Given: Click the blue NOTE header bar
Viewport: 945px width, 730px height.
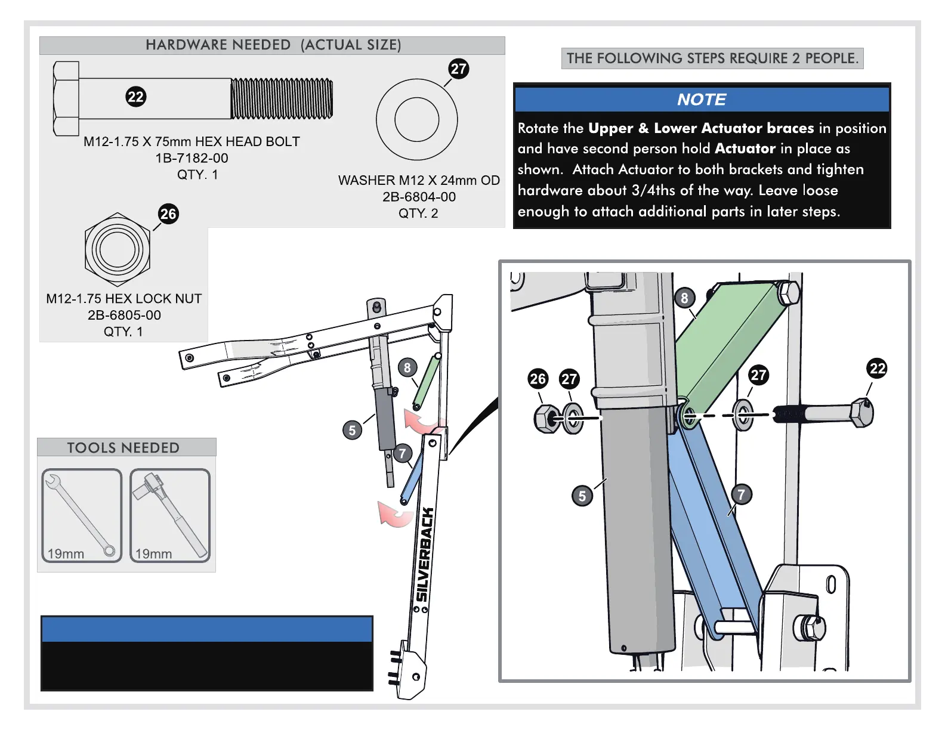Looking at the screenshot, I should click(702, 100).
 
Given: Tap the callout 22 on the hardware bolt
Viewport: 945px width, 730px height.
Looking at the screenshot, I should click(136, 97).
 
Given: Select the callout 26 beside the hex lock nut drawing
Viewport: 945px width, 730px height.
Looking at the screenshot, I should click(168, 214).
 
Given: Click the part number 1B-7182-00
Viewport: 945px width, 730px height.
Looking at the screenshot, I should click(192, 158).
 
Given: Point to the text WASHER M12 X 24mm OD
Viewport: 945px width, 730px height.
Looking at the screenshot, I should click(419, 180).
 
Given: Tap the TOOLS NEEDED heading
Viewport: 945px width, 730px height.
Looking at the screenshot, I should click(123, 448).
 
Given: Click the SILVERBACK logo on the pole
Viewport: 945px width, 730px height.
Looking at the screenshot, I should click(425, 555).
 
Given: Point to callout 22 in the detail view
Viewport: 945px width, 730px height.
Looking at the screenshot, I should click(877, 369).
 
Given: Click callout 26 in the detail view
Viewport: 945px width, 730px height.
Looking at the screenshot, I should click(538, 379).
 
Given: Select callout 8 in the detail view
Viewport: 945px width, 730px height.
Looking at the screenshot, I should click(684, 298).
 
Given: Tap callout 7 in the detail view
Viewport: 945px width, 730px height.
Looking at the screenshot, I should click(741, 494).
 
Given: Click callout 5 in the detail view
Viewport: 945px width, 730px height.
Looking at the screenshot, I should click(582, 496).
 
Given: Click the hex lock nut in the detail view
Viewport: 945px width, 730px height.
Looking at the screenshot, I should click(546, 418).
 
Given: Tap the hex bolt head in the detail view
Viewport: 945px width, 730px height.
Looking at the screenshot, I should click(861, 413).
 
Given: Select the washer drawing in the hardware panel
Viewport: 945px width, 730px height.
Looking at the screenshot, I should click(416, 119).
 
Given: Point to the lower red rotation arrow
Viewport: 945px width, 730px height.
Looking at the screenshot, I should click(394, 514).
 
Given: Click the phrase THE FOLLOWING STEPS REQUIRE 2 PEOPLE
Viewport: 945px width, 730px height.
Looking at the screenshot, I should click(712, 58).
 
